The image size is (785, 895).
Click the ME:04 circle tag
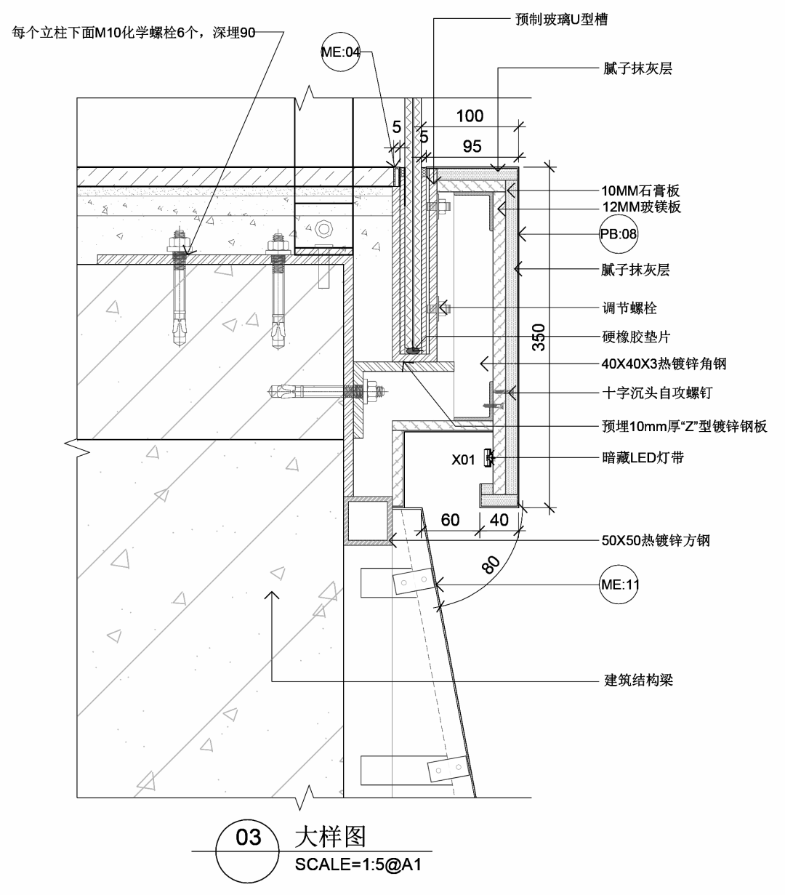point(340,52)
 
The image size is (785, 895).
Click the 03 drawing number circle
point(249,838)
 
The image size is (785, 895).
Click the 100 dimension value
point(470,116)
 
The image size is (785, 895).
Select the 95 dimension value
point(472,146)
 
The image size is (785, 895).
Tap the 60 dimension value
point(450,520)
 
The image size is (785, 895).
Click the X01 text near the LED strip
point(463,459)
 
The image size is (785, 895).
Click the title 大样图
point(329,837)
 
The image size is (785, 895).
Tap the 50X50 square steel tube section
point(368,521)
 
